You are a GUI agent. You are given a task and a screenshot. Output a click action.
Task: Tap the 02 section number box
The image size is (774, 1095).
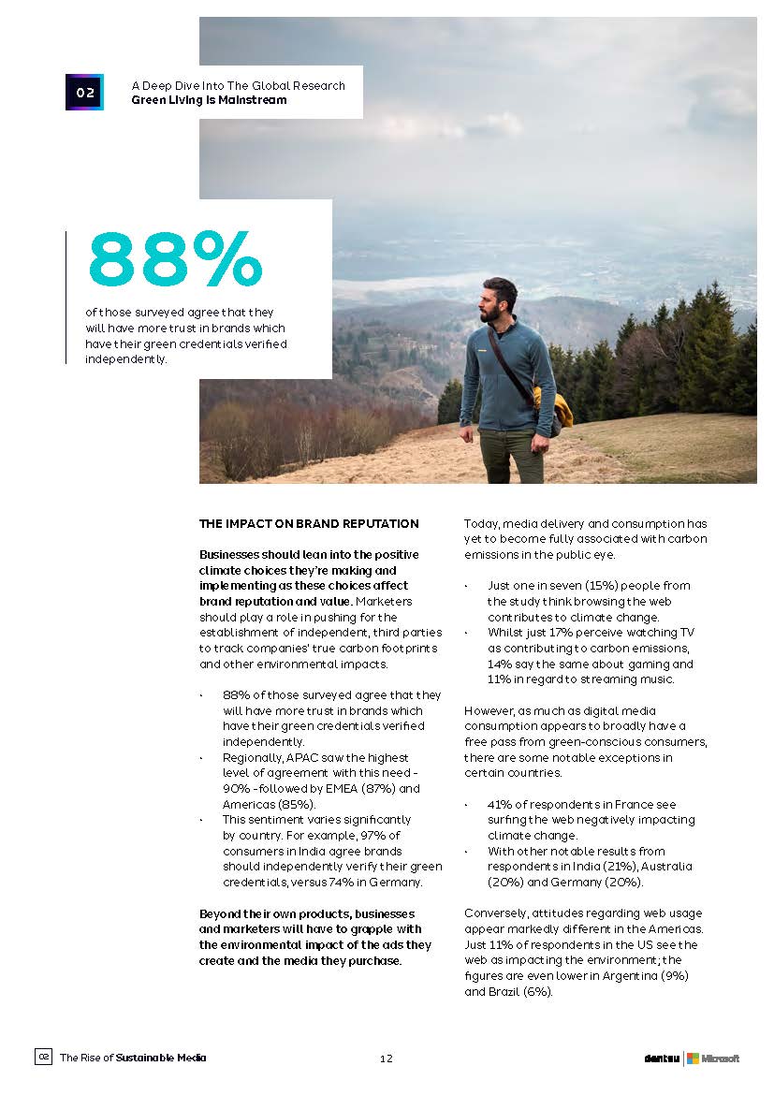[84, 92]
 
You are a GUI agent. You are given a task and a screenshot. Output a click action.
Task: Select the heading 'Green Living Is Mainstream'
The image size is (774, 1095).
[209, 100]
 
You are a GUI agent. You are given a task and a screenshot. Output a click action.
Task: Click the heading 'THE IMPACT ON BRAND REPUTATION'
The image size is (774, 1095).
[309, 524]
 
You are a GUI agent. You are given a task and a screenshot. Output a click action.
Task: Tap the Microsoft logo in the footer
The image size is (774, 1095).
[713, 1058]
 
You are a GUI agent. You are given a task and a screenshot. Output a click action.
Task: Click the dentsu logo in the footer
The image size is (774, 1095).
[661, 1058]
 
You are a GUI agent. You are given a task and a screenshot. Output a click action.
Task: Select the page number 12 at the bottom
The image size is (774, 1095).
[387, 1058]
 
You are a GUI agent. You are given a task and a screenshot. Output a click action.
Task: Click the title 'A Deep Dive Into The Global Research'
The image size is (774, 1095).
[238, 85]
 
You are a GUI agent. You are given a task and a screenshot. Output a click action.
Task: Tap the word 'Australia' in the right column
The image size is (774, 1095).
[666, 867]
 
